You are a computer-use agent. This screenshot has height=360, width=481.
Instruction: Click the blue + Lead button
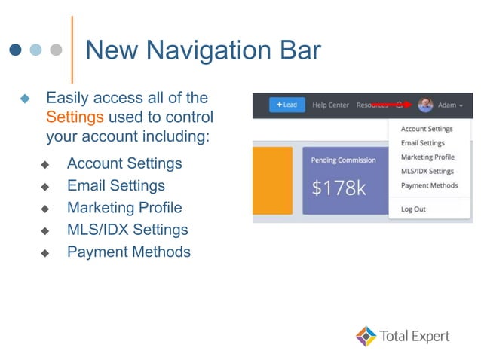pos(286,105)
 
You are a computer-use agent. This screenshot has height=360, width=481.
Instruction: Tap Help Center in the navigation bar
pos(330,105)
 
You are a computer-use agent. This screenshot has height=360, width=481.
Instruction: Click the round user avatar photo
pos(425,105)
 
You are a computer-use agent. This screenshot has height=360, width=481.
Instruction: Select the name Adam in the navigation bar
pos(447,105)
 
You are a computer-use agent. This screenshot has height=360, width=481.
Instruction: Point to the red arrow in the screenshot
pos(392,105)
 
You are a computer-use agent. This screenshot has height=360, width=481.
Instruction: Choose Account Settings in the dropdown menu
pos(427,129)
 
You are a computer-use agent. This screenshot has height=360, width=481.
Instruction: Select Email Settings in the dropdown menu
pos(422,143)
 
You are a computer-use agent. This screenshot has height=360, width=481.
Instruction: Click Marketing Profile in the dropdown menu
pos(427,157)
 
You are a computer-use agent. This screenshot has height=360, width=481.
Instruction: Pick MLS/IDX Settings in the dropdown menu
pos(427,171)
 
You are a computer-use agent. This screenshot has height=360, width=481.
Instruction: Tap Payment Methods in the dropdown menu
pos(429,185)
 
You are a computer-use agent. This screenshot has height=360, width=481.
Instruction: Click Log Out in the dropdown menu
pos(413,209)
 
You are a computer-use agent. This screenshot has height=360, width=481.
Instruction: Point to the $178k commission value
pos(339,187)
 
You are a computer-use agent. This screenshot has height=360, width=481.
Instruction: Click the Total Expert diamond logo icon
pos(366,336)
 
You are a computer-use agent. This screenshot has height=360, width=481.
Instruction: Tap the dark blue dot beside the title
pos(15,50)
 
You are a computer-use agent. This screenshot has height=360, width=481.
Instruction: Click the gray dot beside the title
pos(56,50)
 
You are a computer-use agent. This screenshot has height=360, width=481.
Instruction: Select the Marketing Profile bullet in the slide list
pos(124,207)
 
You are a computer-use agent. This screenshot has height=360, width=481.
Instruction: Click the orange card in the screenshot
pos(272,181)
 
